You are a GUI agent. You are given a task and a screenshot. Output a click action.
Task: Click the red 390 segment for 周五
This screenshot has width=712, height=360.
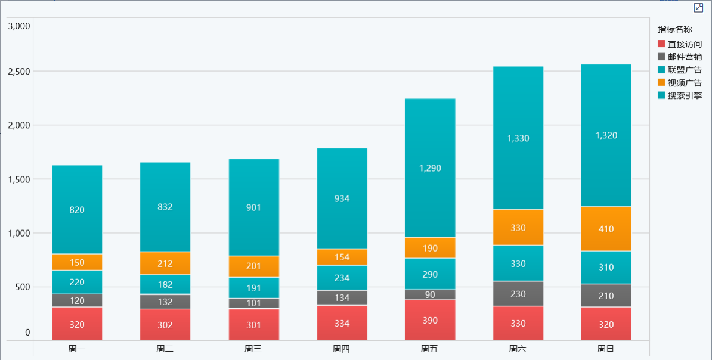430,320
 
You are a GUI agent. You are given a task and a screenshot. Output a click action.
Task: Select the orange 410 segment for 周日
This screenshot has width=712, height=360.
606,229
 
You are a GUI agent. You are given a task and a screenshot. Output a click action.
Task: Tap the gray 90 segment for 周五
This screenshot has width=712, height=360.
430,294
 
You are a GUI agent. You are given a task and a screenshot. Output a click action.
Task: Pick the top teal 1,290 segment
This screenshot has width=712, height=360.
430,168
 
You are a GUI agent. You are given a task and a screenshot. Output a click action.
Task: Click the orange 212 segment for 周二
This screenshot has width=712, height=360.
165,263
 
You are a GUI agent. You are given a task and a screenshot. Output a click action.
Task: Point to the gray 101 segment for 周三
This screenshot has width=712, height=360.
253,303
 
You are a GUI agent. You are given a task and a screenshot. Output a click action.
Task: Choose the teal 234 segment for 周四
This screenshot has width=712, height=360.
342,278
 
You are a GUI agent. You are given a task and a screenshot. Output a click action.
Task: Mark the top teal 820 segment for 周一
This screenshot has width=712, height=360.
77,210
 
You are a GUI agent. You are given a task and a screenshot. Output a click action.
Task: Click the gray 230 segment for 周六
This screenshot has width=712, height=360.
518,294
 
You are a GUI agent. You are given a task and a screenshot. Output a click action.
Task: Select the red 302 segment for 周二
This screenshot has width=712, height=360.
165,325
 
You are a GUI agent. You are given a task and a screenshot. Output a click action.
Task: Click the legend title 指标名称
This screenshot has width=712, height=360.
674,29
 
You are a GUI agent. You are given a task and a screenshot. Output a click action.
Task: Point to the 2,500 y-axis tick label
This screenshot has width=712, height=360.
18,72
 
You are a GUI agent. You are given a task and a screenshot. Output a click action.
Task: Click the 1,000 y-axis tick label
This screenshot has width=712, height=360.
18,233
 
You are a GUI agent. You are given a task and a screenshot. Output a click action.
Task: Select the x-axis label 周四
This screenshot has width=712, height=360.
342,349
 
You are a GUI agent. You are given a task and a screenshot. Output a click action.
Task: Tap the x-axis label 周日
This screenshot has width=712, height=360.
606,349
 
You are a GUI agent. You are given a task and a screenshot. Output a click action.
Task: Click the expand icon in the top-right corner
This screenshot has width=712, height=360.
699,7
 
